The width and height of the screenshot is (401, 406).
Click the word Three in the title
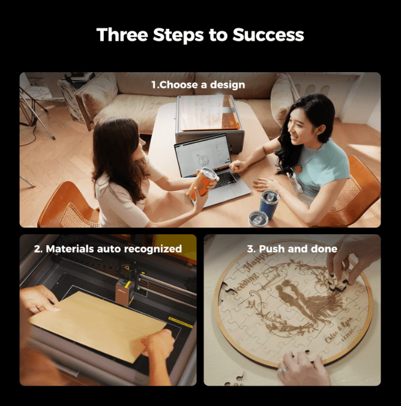pyautogui.click(x=122, y=35)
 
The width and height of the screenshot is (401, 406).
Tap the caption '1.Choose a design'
pyautogui.click(x=198, y=85)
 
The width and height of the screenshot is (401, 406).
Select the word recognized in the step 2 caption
pyautogui.click(x=152, y=248)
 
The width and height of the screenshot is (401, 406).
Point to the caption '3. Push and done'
pyautogui.click(x=292, y=248)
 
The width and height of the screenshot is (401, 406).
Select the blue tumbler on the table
pyautogui.click(x=268, y=204)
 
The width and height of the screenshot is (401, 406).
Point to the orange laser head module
pyautogui.click(x=124, y=289)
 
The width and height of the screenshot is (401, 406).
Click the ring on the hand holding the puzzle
pyautogui.click(x=282, y=371)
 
